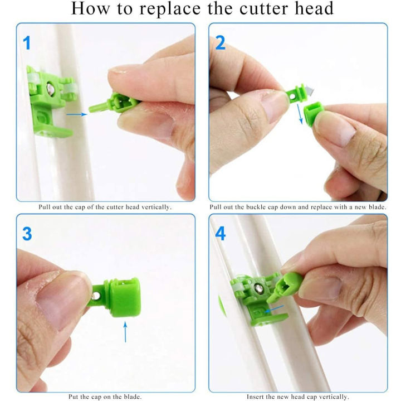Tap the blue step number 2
pyautogui.click(x=221, y=42)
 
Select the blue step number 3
pyautogui.click(x=27, y=234)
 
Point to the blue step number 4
pyautogui.click(x=221, y=234)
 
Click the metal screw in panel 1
pyautogui.click(x=51, y=88)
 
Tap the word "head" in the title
pyautogui.click(x=312, y=9)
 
